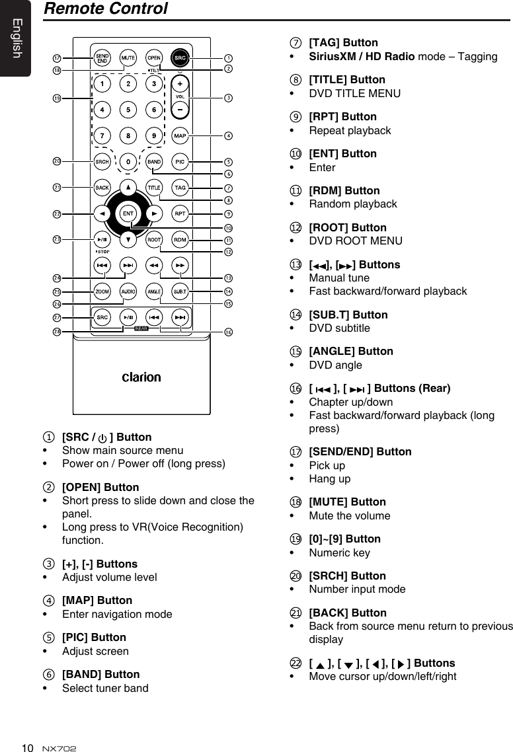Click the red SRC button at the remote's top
point(180,57)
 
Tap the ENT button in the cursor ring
point(128,213)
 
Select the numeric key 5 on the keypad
point(128,110)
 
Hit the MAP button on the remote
point(180,136)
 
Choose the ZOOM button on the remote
point(102,291)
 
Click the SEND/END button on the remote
point(102,57)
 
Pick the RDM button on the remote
point(180,239)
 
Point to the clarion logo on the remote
point(141,377)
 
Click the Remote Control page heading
point(105,9)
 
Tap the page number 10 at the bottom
point(27,747)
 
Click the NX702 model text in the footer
point(59,748)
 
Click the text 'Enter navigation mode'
point(117,614)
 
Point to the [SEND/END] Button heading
point(360,451)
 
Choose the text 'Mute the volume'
point(350,515)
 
